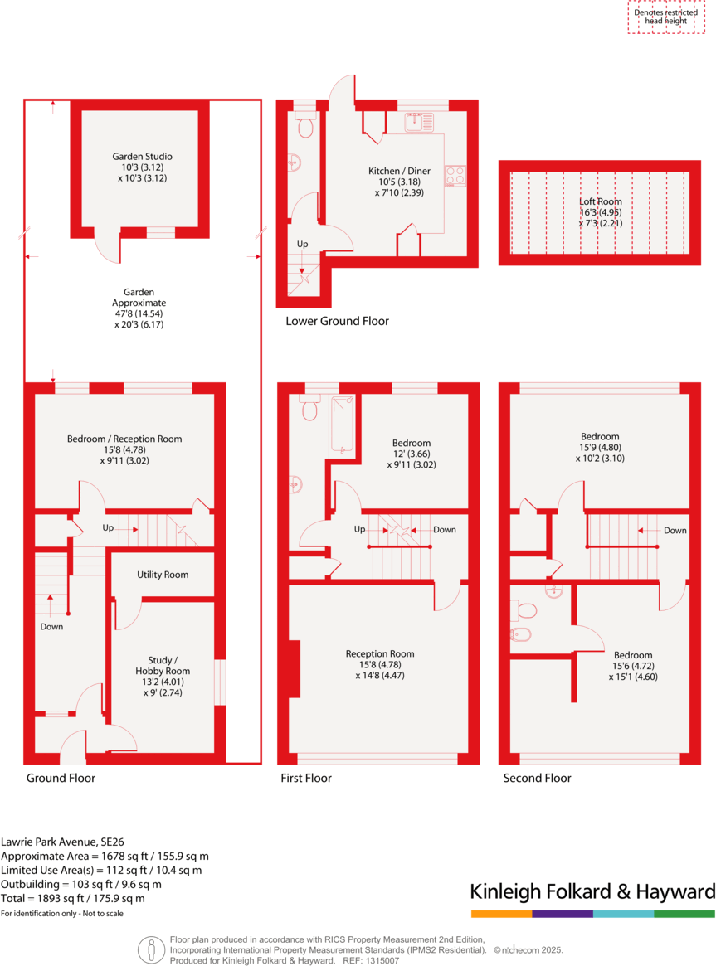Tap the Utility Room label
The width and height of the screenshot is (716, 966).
pyautogui.click(x=163, y=575)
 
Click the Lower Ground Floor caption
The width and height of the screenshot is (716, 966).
pyautogui.click(x=337, y=321)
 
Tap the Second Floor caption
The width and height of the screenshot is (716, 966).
pyautogui.click(x=537, y=778)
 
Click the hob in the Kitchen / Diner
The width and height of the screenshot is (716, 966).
pyautogui.click(x=455, y=175)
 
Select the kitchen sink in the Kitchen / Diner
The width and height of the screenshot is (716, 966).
pyautogui.click(x=419, y=123)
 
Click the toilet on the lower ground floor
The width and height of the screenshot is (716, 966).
pyautogui.click(x=304, y=127)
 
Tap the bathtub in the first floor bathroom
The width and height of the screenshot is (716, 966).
pyautogui.click(x=343, y=424)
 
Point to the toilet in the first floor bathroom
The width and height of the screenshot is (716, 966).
pyautogui.click(x=310, y=409)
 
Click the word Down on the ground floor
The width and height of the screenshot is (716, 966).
pyautogui.click(x=51, y=627)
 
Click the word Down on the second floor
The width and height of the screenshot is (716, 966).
pyautogui.click(x=675, y=531)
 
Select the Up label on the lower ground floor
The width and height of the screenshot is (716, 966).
pyautogui.click(x=303, y=245)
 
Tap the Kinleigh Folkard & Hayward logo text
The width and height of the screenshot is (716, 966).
pyautogui.click(x=592, y=892)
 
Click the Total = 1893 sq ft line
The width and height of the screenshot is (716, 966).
pyautogui.click(x=73, y=898)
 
